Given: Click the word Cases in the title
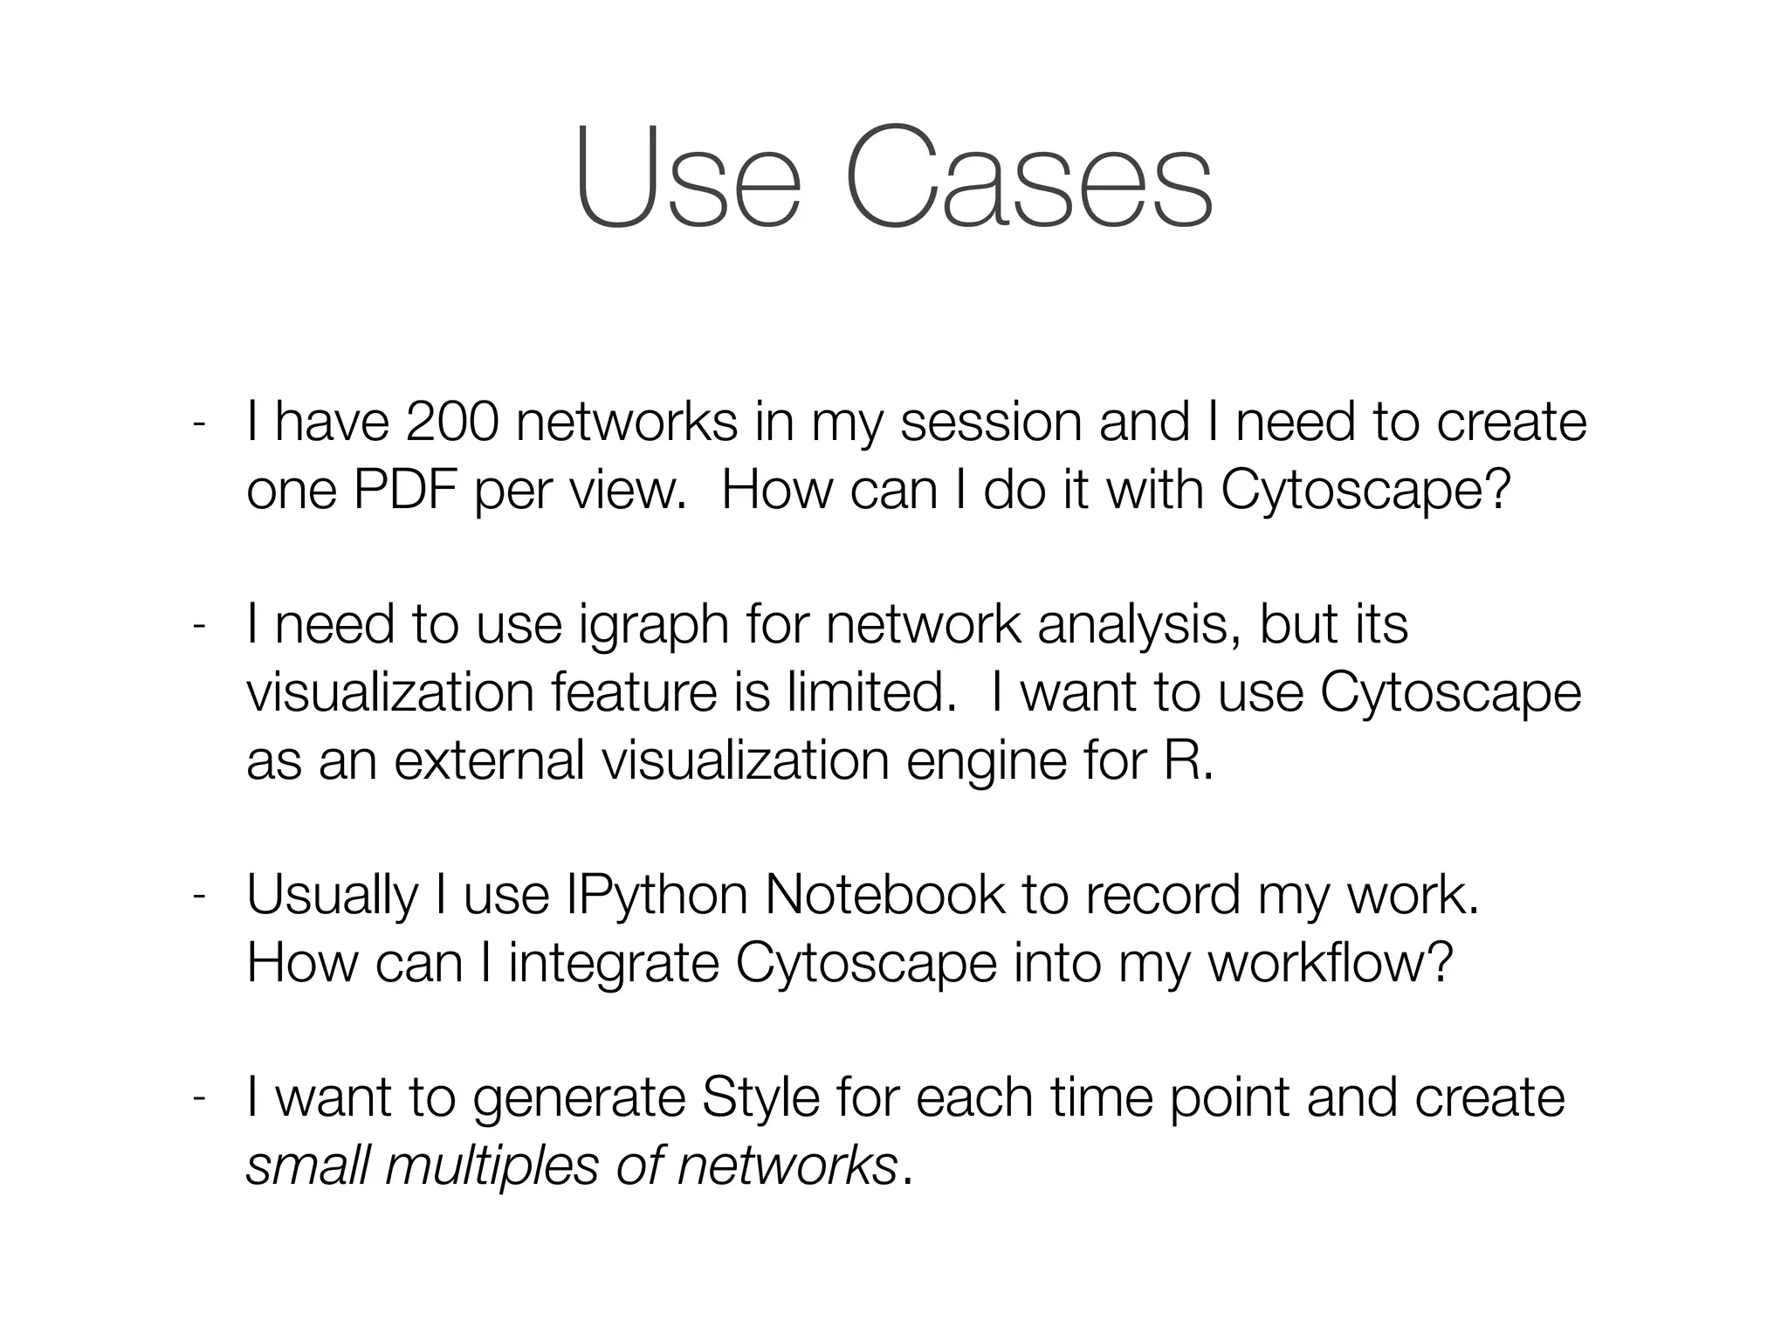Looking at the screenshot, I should (x=1028, y=177).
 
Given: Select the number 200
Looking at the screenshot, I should (x=452, y=423).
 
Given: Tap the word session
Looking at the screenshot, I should (x=991, y=423).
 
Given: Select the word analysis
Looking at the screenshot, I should (x=1138, y=625).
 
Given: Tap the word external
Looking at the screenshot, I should (x=489, y=761).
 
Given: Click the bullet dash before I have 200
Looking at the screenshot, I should (x=199, y=424).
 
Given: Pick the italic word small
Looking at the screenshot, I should (x=307, y=1166).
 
